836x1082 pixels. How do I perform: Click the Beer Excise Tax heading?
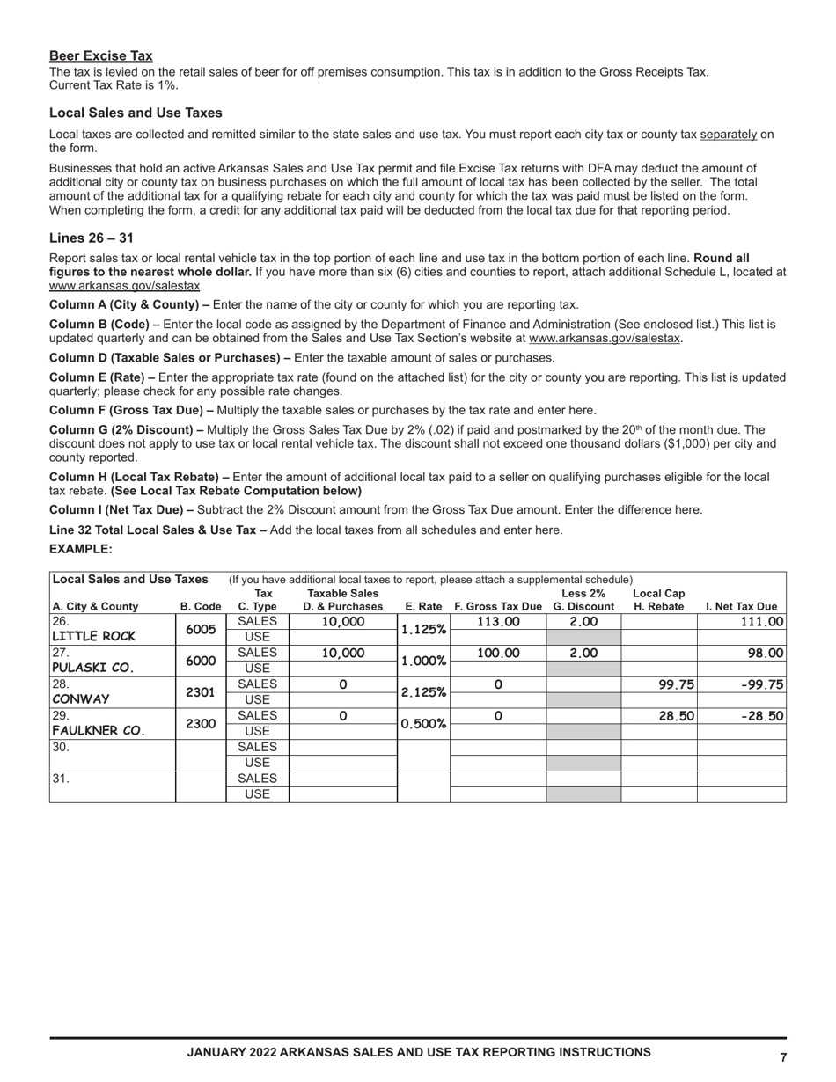tap(100, 56)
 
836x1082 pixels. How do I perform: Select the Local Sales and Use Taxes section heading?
tap(136, 113)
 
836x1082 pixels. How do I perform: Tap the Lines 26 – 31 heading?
tap(92, 238)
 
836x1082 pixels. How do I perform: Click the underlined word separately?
tap(728, 135)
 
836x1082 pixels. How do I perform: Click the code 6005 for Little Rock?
tap(201, 630)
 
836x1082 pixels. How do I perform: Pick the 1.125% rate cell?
tap(423, 630)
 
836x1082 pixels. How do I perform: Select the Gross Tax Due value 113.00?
tap(497, 622)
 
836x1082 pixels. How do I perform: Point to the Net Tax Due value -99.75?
tap(760, 685)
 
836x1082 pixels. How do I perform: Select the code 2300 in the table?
tap(201, 724)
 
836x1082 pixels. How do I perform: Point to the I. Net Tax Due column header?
tap(741, 607)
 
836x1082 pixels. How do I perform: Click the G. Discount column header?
tap(583, 607)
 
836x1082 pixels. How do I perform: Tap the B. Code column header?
tap(201, 607)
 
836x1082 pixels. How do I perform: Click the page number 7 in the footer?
tap(783, 1058)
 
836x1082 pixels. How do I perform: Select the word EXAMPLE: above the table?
tap(81, 549)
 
